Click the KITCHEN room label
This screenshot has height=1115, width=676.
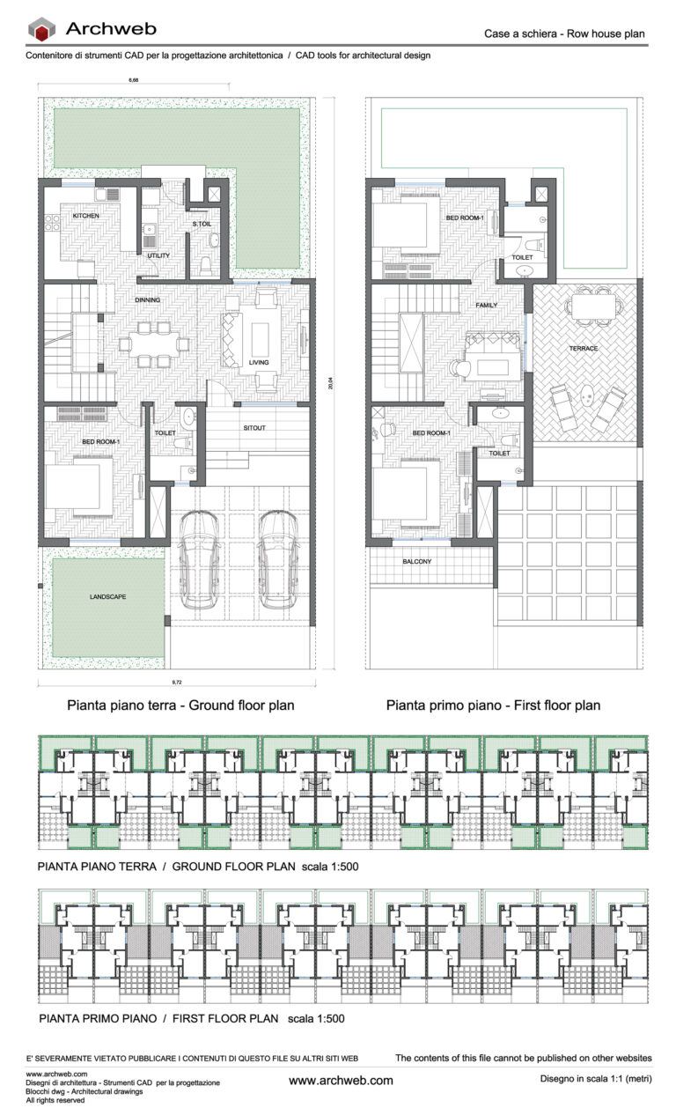click(x=85, y=216)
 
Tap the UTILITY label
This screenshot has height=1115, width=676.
click(x=158, y=255)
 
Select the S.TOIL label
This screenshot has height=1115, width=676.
click(x=202, y=225)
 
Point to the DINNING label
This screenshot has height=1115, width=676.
click(x=147, y=299)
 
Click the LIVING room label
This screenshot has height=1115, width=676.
click(x=259, y=362)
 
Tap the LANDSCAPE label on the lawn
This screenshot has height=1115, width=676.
click(x=107, y=596)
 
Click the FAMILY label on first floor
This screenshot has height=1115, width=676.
click(x=486, y=305)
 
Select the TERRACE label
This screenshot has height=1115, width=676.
click(x=583, y=349)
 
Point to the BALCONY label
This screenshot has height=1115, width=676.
click(x=416, y=561)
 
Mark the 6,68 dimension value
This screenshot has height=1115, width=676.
click(x=134, y=81)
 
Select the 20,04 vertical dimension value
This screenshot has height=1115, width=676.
click(x=331, y=384)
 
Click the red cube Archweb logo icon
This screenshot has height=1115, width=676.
click(x=41, y=29)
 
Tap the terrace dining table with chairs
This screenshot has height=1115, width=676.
click(x=592, y=305)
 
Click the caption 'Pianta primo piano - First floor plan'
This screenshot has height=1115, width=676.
click(x=493, y=705)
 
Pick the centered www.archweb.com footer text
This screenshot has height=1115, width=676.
click(x=341, y=1081)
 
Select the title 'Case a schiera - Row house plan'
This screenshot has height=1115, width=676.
click(x=564, y=34)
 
